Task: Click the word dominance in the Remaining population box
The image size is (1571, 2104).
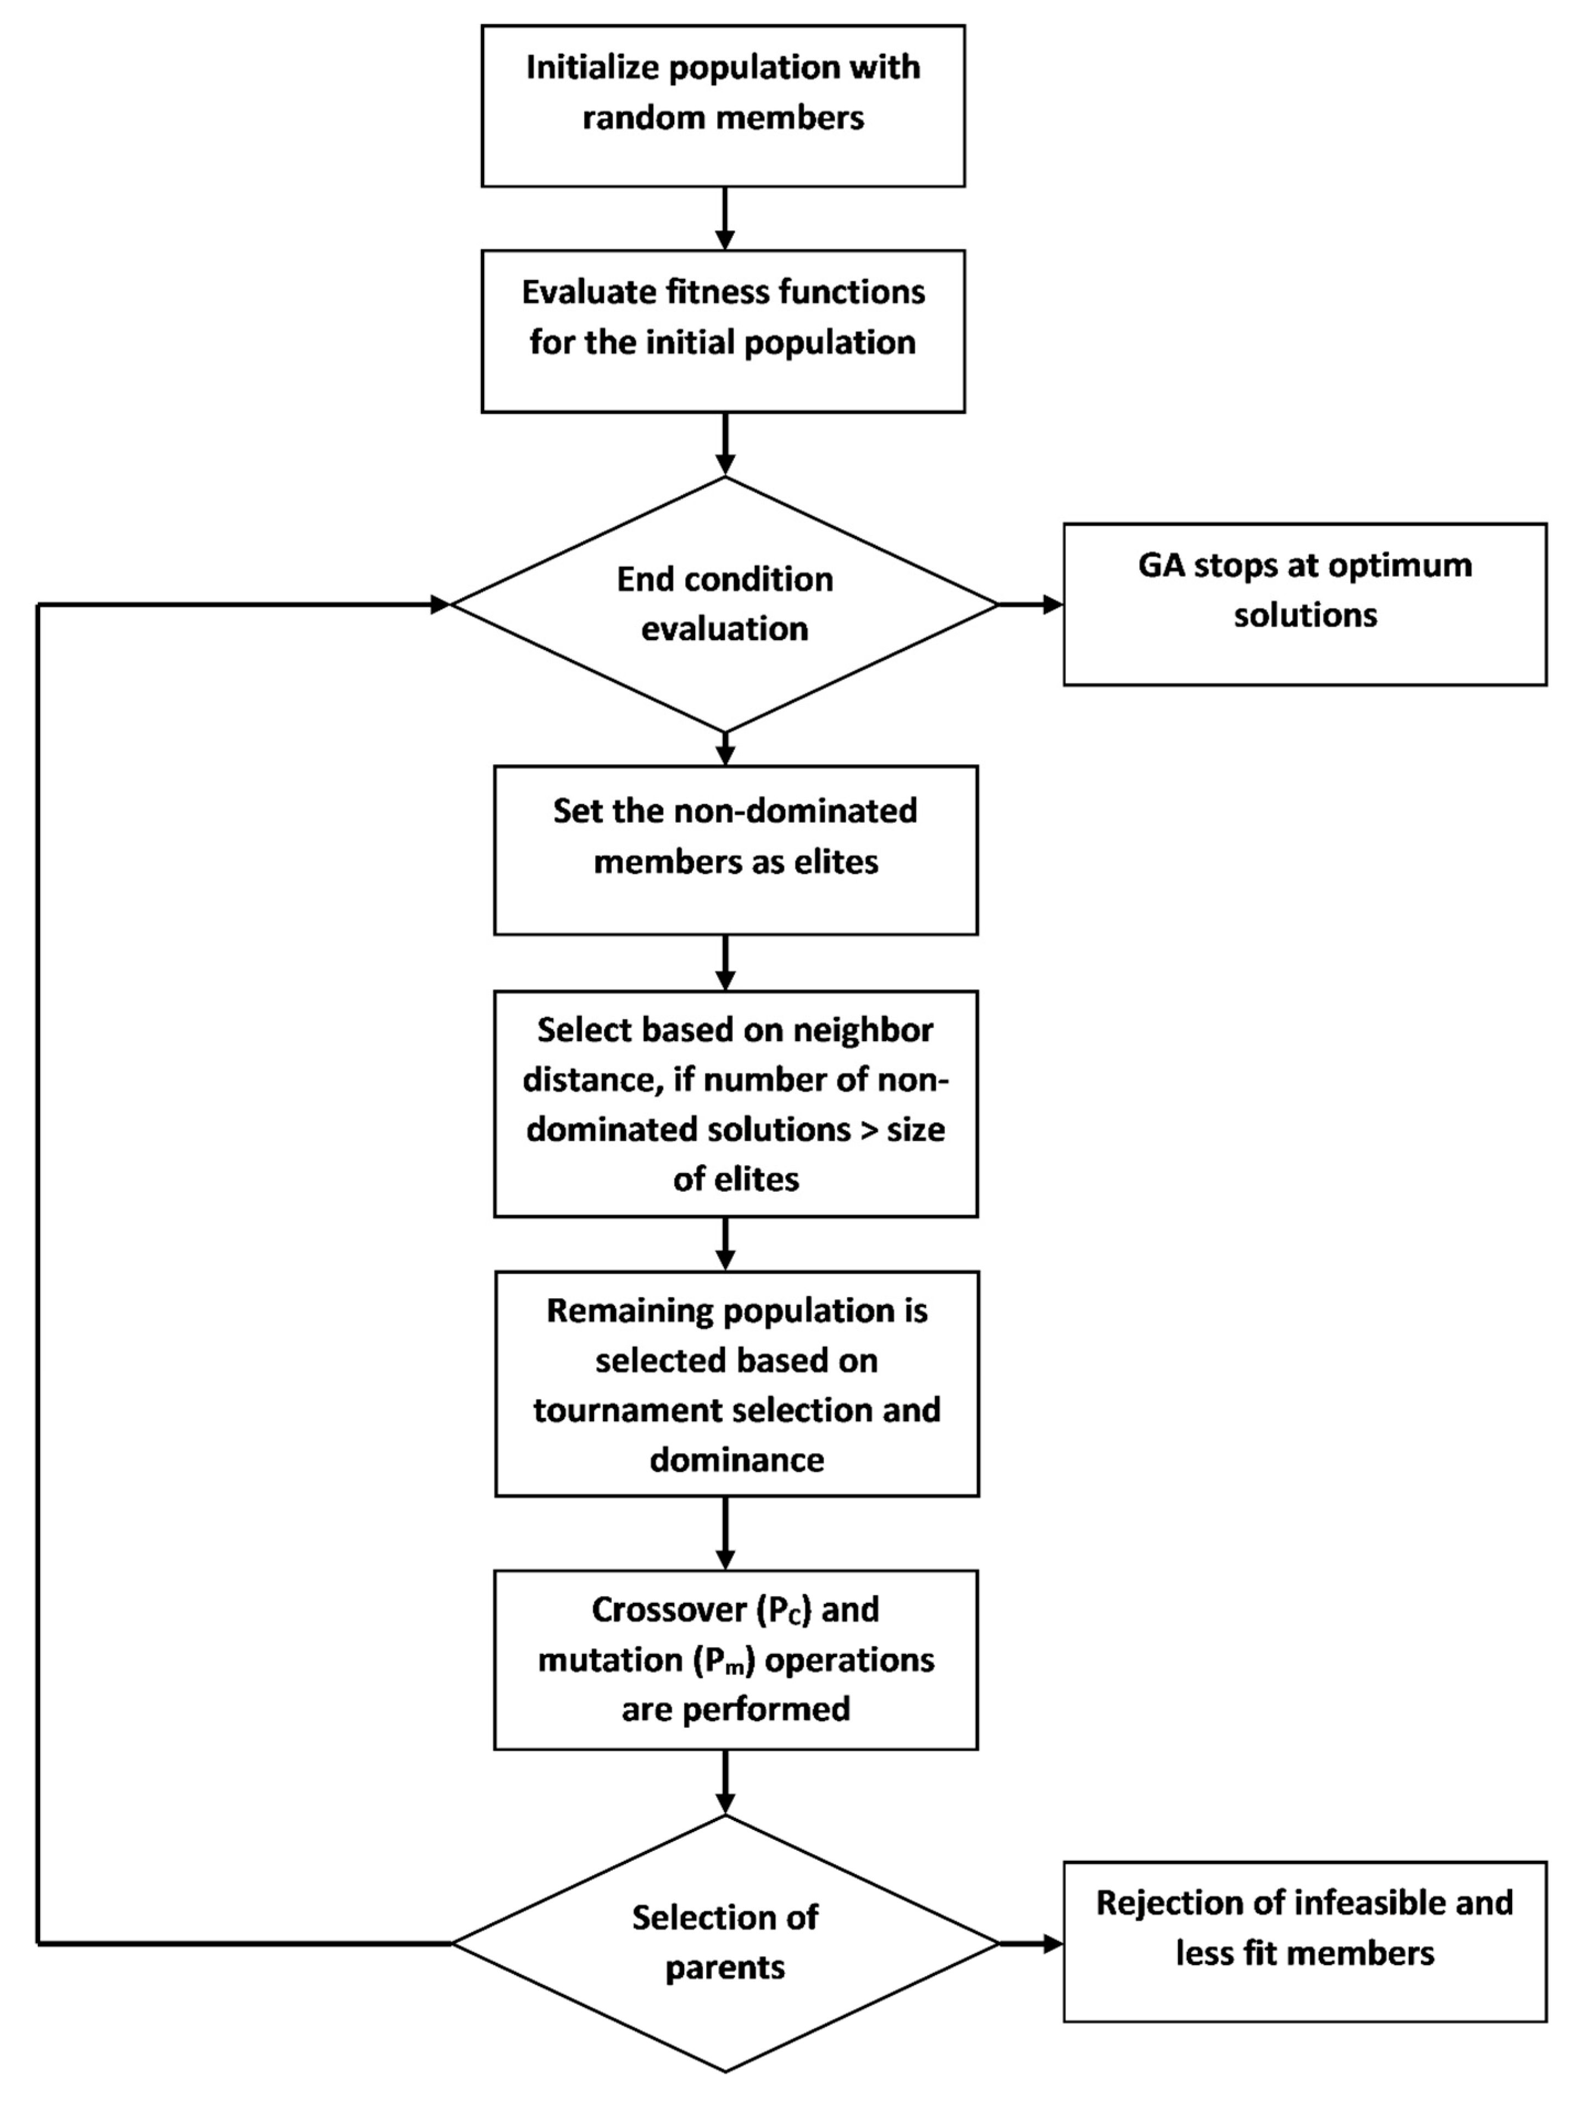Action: tap(736, 1460)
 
